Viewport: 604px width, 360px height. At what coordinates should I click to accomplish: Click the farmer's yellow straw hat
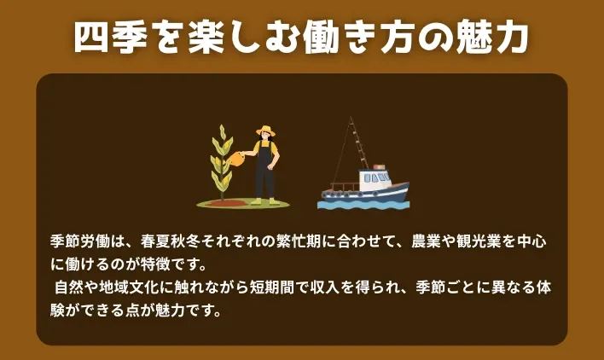pyautogui.click(x=265, y=131)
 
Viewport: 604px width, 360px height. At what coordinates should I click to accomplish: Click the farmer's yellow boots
pyautogui.click(x=264, y=200)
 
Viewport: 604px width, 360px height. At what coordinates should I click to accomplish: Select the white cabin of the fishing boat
pyautogui.click(x=375, y=180)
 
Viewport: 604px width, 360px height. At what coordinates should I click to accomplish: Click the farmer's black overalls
pyautogui.click(x=265, y=166)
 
